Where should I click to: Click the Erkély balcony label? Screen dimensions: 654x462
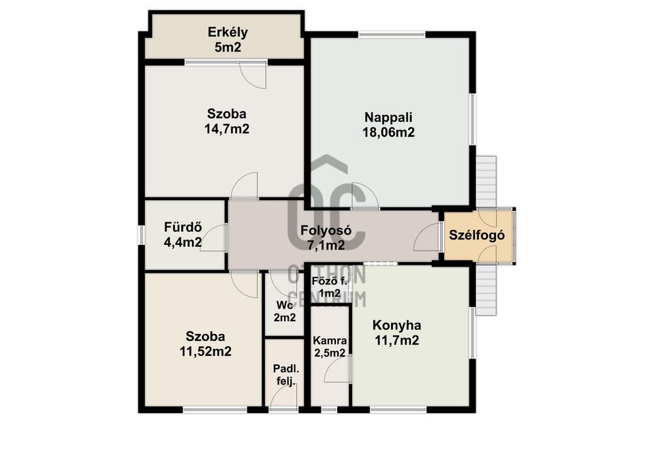click(x=228, y=33)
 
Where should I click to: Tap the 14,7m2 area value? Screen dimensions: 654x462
click(x=227, y=129)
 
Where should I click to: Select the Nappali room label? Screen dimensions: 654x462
click(x=388, y=117)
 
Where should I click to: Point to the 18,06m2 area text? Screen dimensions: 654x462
click(x=388, y=133)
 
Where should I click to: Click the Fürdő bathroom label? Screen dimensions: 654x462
click(x=183, y=227)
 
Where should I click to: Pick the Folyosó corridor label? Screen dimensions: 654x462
click(x=326, y=230)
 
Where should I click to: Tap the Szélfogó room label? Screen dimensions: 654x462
click(x=477, y=235)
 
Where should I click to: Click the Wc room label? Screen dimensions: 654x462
click(x=284, y=306)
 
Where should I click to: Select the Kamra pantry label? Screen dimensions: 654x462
click(x=330, y=340)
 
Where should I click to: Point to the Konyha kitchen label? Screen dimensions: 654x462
click(x=396, y=325)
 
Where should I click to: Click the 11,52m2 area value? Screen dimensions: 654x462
click(x=206, y=352)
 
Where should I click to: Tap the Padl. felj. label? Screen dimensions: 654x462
click(x=286, y=374)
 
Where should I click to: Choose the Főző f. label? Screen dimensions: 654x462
click(x=330, y=281)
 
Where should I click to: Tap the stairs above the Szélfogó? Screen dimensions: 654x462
click(x=486, y=182)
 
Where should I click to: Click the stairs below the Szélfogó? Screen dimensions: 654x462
click(x=486, y=291)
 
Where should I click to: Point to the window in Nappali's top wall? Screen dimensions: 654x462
click(x=392, y=34)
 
